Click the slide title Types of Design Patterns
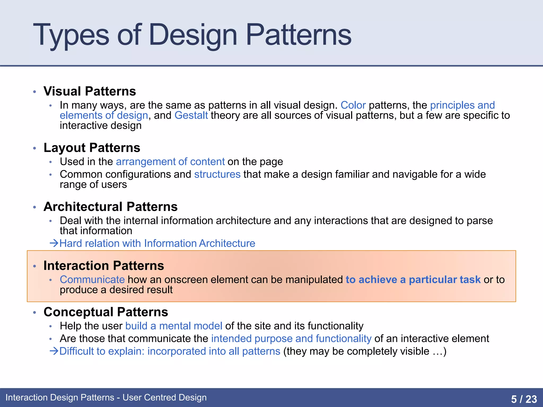pos(192,35)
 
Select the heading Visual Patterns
pos(90,91)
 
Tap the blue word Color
pos(353,105)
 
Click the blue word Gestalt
pos(191,116)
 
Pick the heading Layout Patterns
pos(92,148)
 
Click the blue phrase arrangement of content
pos(170,162)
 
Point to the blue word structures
pos(217,174)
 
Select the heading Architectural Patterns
pos(110,207)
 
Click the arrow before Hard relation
pos(54,243)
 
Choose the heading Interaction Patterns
pos(104,266)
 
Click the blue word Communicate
pos(92,280)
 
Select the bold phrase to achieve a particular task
pos(413,280)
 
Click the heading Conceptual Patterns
pos(106,312)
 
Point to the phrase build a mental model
pos(174,326)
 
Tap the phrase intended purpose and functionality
pos(291,339)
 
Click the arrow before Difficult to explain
pos(54,351)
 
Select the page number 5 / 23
pos(524,399)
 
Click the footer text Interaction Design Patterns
pos(60,397)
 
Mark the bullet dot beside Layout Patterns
pos(34,148)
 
